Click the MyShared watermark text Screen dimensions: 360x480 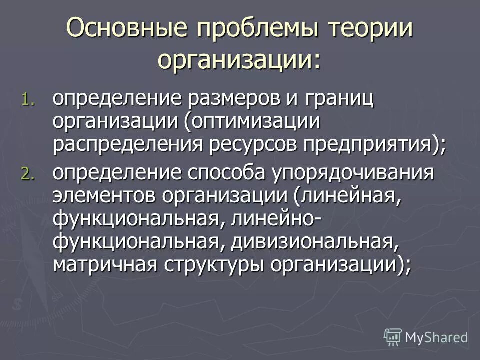click(436, 336)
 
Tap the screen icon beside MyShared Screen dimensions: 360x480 click(393, 336)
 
